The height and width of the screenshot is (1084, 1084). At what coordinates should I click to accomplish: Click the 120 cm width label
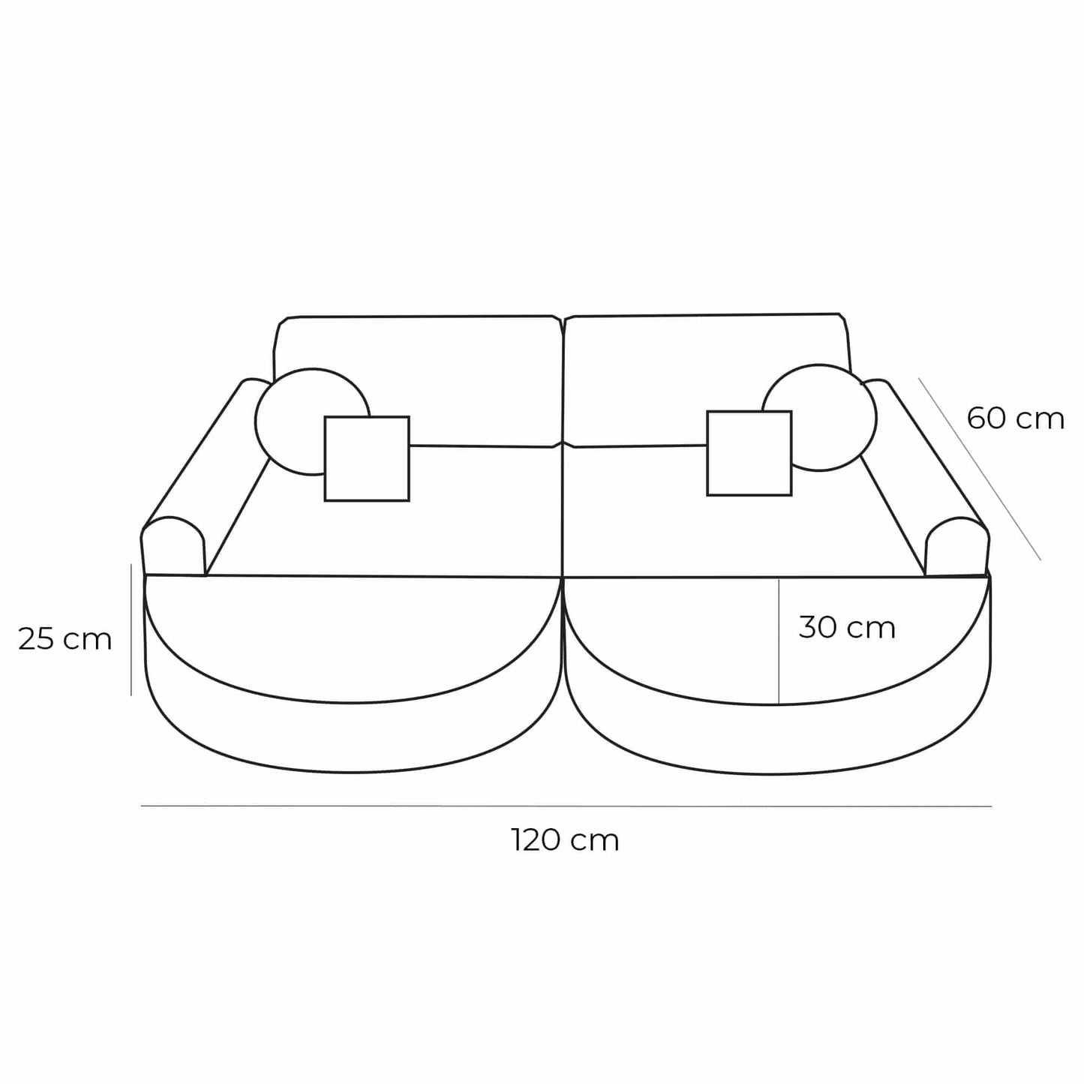point(566,840)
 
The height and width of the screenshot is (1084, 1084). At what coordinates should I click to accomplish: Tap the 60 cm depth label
point(1015,419)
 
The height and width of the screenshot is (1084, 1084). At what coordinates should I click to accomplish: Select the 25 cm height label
point(65,639)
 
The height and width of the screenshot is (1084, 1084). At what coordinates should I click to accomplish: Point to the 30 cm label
point(847,627)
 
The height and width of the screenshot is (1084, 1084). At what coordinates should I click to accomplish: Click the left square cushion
point(367,458)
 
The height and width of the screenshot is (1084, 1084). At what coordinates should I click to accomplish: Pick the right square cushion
point(749,454)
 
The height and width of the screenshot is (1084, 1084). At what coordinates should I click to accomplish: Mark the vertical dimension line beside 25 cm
point(131,630)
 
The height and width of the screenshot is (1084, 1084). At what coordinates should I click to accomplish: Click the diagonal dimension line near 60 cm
point(979,468)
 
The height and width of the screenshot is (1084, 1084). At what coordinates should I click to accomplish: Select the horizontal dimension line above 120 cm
point(566,806)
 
